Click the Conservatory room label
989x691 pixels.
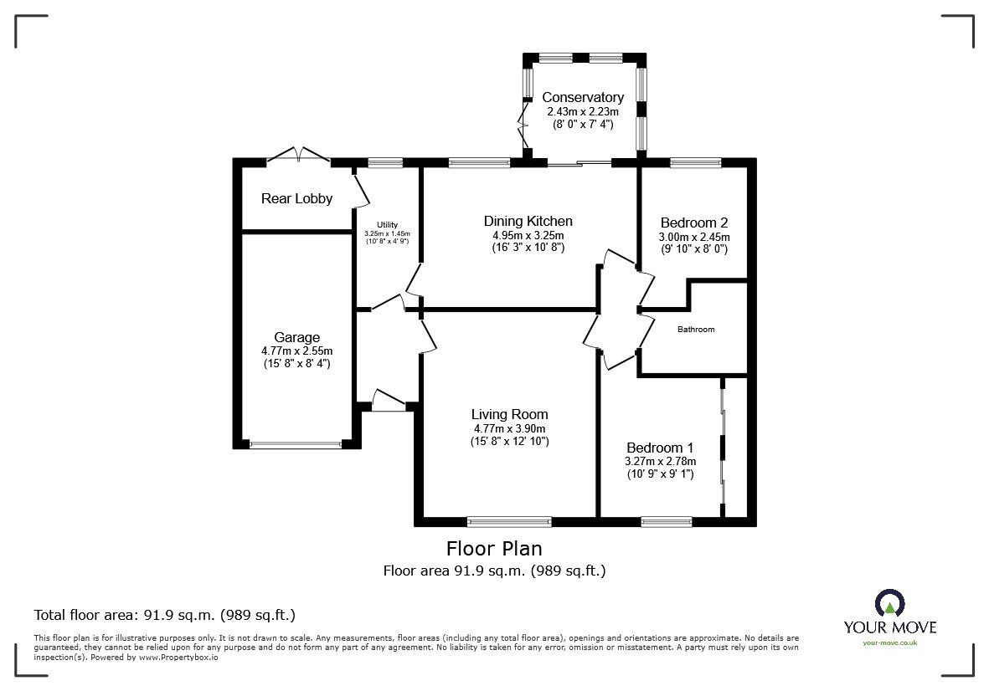(583, 97)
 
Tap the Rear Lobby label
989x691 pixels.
(296, 198)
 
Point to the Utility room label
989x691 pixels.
(387, 224)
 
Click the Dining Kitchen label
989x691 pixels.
(528, 221)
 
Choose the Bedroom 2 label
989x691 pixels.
(693, 223)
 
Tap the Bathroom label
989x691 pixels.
(696, 330)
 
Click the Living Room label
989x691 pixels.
(509, 414)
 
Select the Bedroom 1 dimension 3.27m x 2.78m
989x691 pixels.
(661, 461)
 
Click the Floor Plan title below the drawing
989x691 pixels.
(494, 549)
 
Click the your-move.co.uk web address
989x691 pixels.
(889, 642)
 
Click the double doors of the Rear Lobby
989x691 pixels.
(296, 156)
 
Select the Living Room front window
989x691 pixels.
(509, 521)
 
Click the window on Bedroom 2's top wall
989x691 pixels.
(695, 163)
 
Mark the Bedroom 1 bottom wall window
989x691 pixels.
(667, 521)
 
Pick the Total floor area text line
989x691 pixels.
(164, 615)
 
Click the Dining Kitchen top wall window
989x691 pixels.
(478, 163)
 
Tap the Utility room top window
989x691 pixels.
(384, 163)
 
